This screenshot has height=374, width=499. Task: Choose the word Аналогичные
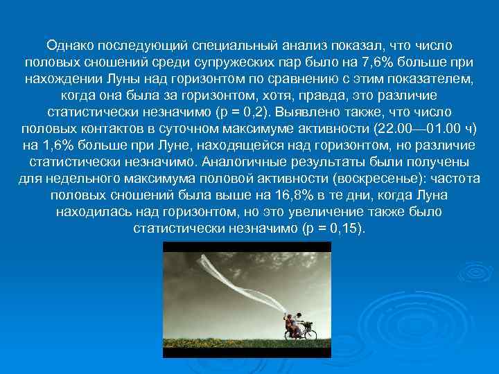[242, 161]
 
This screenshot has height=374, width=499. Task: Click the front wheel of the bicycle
[310, 335]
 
